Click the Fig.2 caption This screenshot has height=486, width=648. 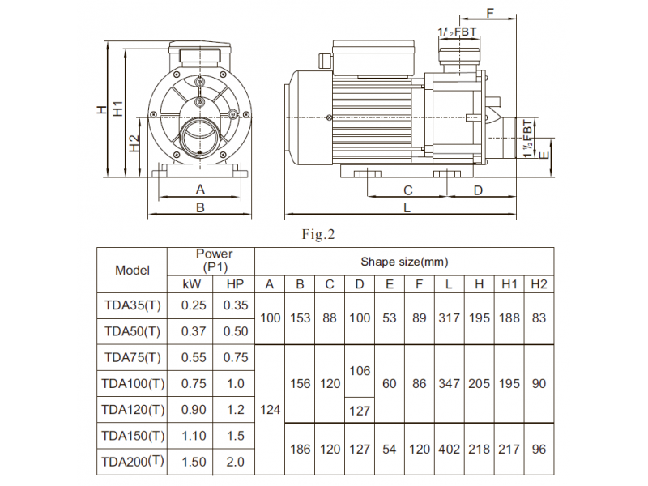(x=318, y=234)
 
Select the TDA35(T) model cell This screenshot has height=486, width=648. (x=132, y=305)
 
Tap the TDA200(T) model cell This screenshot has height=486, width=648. (x=132, y=461)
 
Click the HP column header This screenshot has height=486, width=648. (x=235, y=284)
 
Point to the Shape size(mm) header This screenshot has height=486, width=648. (x=404, y=262)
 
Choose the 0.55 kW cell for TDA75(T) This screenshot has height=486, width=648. (x=194, y=357)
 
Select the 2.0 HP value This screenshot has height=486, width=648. (x=235, y=462)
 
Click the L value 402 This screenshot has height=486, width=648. (x=449, y=450)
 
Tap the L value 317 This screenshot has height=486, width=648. (x=449, y=318)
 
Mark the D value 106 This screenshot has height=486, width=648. (x=360, y=371)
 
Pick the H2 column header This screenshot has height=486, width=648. (x=539, y=284)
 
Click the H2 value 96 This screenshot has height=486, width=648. (x=539, y=450)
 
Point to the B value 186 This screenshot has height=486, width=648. (x=300, y=450)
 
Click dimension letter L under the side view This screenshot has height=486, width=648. (x=407, y=207)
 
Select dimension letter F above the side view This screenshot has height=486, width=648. (x=490, y=13)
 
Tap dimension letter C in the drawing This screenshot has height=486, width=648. (x=408, y=190)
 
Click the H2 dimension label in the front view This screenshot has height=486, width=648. (x=134, y=143)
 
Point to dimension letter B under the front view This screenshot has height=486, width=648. (x=200, y=207)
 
